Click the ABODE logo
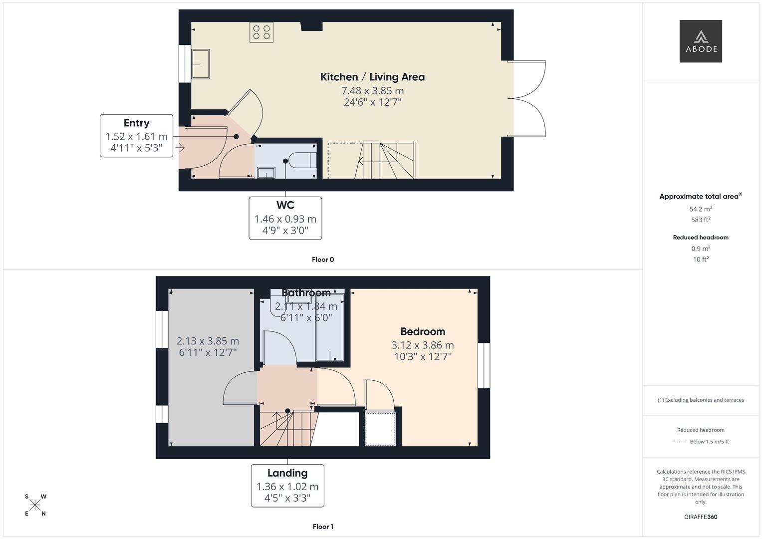coord(701,41)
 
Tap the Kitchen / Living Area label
coord(372,77)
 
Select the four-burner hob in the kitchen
coord(261,32)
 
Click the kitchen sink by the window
coord(201,64)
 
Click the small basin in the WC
coord(266,173)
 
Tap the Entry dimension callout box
coord(136,136)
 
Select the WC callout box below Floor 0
coord(285,218)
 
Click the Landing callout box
coord(287,486)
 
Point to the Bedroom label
coord(423,331)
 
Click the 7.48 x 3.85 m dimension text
coord(372,91)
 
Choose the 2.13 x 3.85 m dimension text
coord(208,341)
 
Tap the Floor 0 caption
coord(323,260)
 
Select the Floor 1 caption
coord(323,527)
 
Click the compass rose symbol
coord(35,505)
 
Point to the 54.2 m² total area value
coord(701,209)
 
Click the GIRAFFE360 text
coord(701,517)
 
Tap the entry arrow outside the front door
coord(180,148)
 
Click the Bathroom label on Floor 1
coord(306,292)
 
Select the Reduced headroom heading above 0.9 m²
coord(701,238)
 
